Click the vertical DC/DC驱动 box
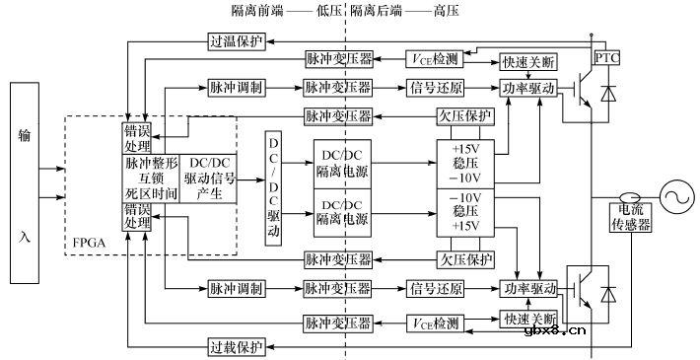click(x=274, y=188)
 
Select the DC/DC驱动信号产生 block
click(x=210, y=179)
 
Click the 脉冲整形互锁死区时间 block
click(x=151, y=179)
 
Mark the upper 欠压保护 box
click(x=463, y=115)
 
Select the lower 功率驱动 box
click(x=530, y=288)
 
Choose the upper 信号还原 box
click(x=435, y=88)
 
